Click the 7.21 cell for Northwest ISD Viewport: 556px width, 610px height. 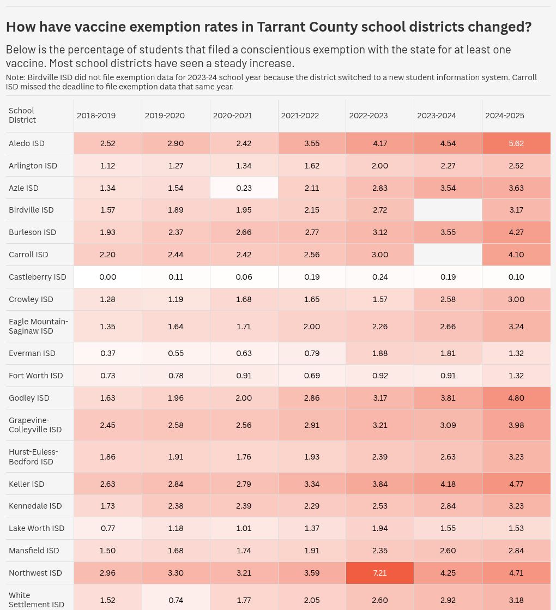[x=380, y=573]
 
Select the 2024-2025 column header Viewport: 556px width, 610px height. [x=505, y=116]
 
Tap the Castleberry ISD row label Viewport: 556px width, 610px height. [x=38, y=277]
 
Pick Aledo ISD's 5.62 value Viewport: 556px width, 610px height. [x=516, y=143]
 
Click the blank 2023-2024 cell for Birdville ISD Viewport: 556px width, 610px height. [x=448, y=210]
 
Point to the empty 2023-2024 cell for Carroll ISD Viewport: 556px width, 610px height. [x=448, y=255]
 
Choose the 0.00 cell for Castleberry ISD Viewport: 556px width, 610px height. [x=108, y=277]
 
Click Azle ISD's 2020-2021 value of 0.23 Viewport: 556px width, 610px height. [x=244, y=188]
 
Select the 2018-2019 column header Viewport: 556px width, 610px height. [x=96, y=116]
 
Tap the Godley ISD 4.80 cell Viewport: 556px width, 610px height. [x=516, y=398]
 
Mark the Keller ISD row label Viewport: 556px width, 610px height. [x=27, y=484]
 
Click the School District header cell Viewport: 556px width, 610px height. [x=22, y=115]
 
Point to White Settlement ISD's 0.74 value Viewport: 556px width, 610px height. [x=176, y=600]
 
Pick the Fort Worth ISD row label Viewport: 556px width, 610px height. [x=36, y=376]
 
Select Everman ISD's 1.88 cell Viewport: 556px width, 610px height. [x=380, y=353]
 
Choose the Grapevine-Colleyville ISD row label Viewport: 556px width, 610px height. [x=35, y=425]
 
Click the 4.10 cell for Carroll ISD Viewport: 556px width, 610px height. [x=516, y=255]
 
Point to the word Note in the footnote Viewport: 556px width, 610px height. [x=15, y=77]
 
